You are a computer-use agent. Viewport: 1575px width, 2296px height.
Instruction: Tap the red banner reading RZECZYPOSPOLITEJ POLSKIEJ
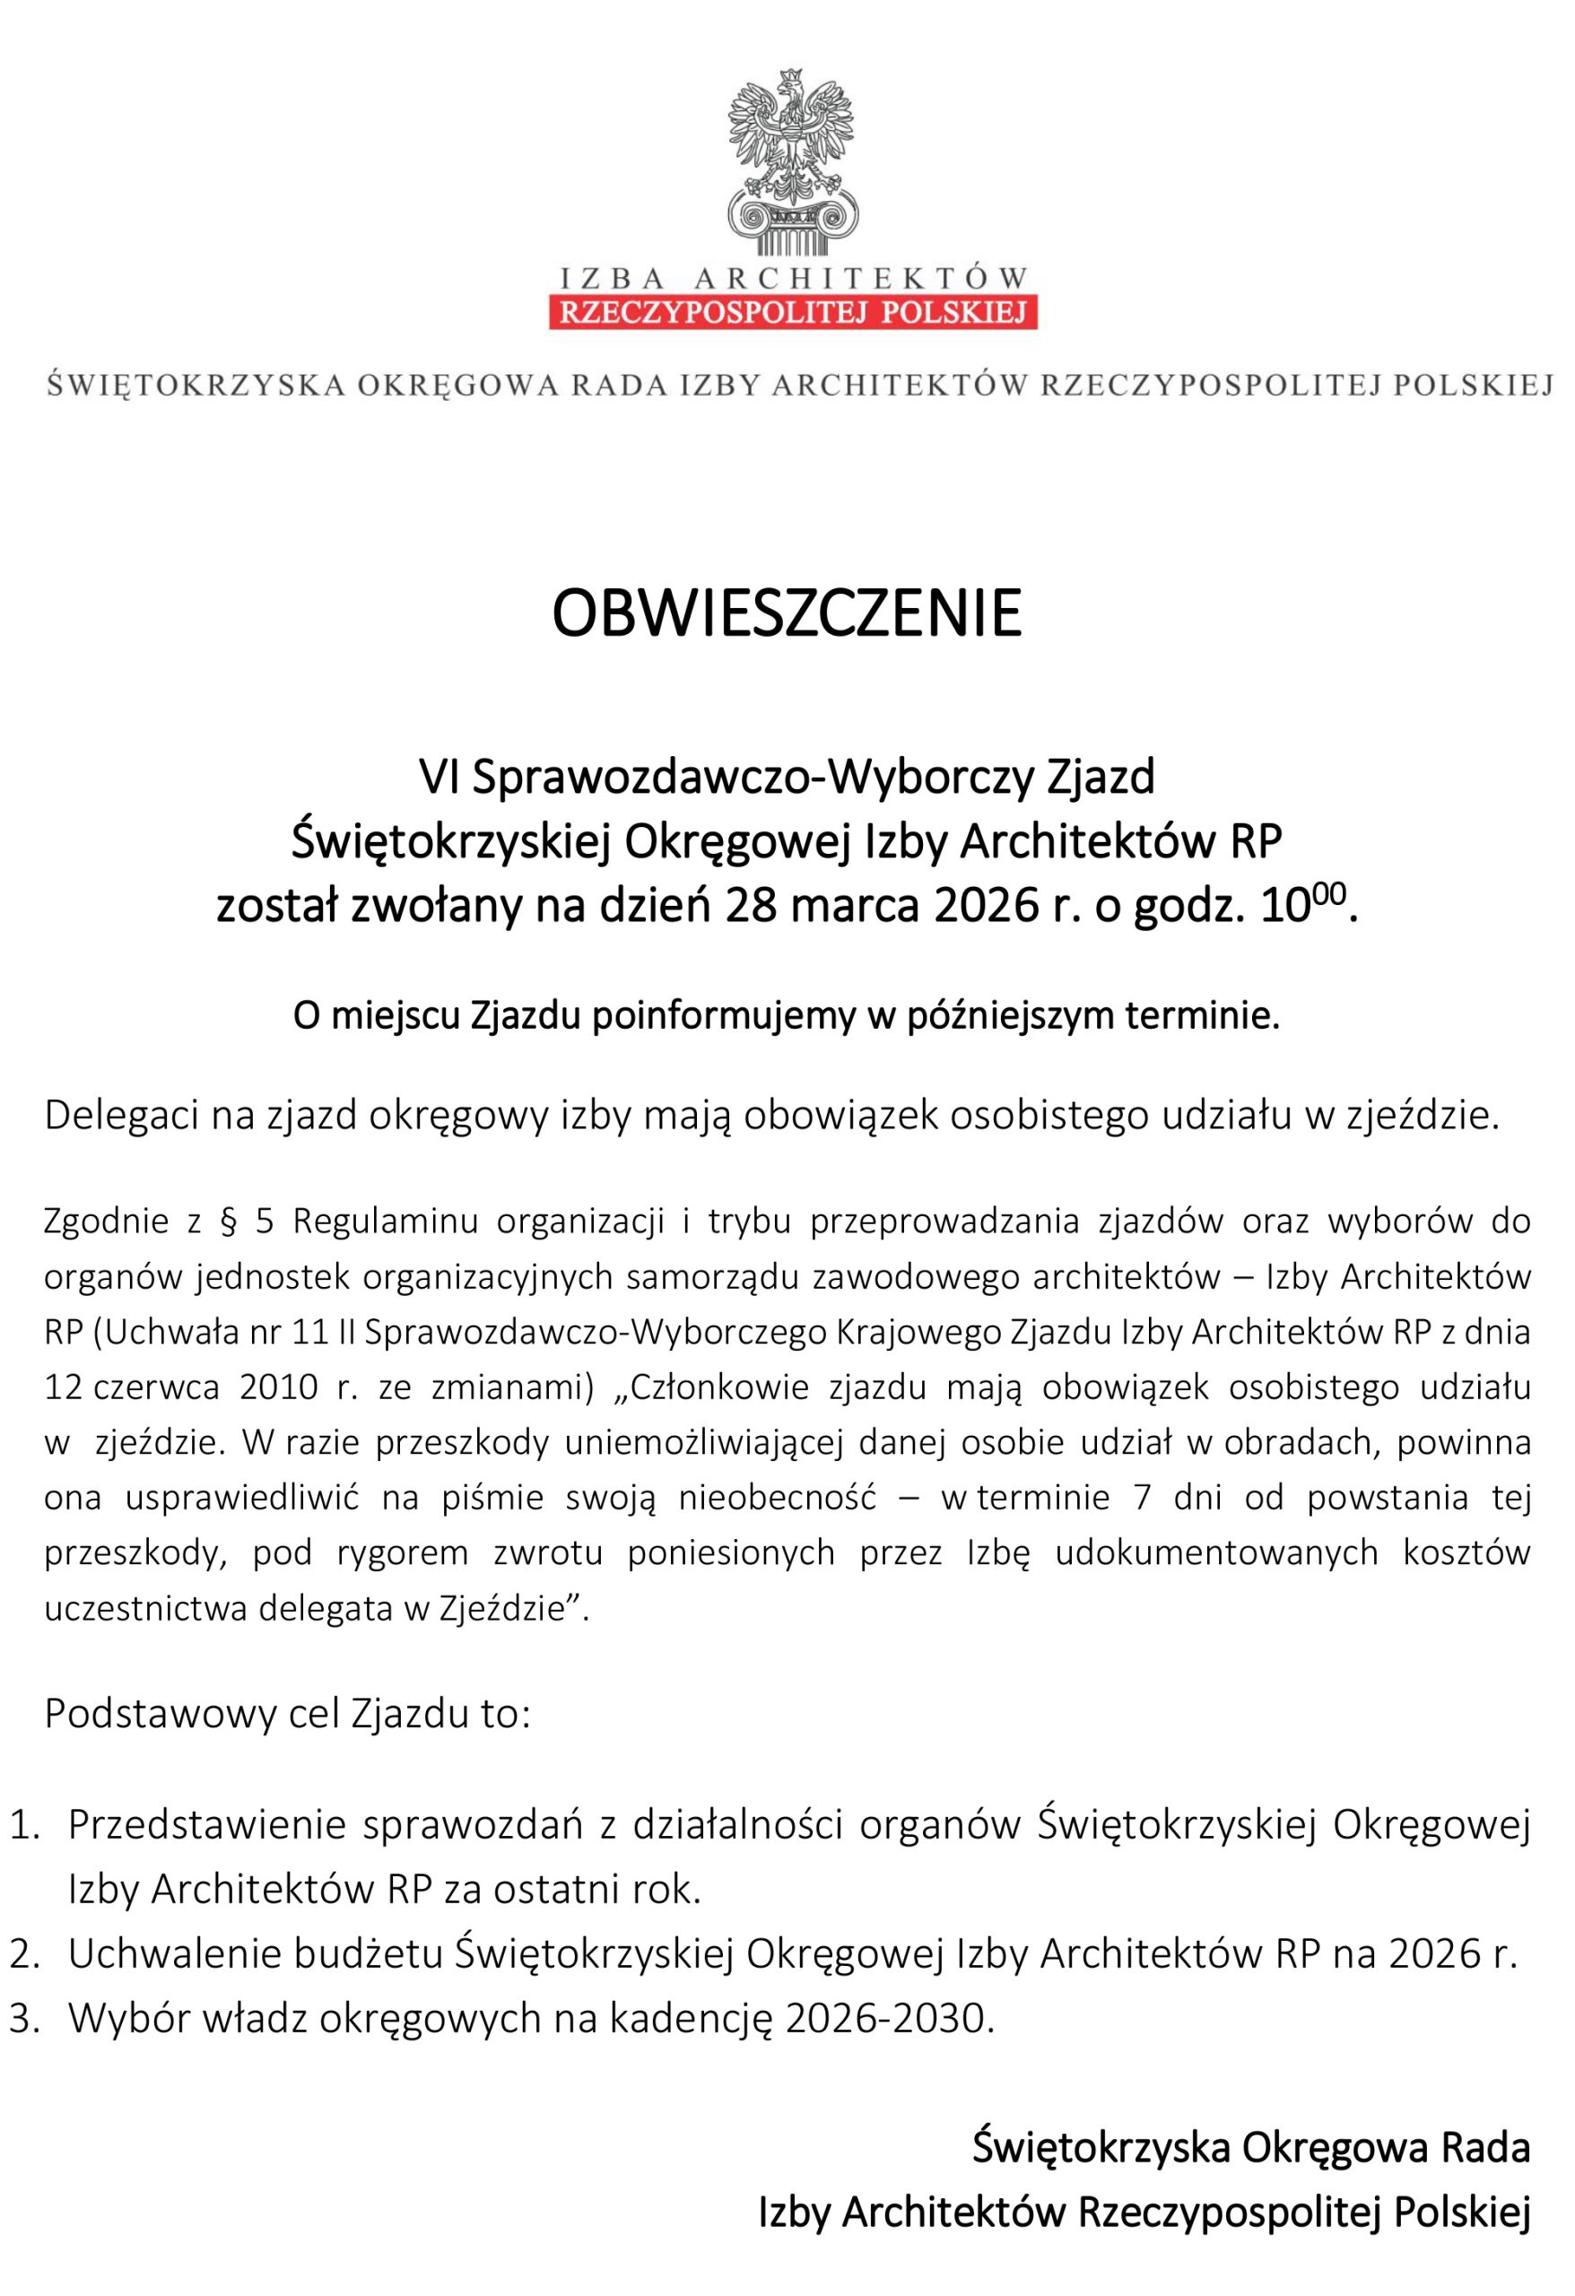793,312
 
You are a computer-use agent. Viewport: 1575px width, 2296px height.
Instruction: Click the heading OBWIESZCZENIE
787,613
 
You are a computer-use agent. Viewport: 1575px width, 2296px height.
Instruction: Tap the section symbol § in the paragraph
228,1222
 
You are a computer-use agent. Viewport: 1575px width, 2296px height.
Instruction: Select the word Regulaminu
386,1222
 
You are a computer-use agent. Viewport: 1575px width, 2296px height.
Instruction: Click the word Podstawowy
158,1714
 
